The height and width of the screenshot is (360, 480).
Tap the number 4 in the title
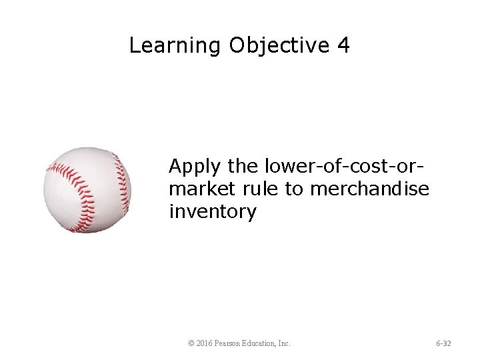click(343, 46)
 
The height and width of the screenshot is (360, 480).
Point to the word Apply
click(195, 165)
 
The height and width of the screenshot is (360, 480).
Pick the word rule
click(260, 189)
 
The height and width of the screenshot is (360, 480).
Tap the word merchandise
click(369, 189)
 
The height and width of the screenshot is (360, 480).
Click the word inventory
click(212, 213)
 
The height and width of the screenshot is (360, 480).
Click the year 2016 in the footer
click(205, 343)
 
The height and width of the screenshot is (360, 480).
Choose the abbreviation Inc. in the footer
click(284, 343)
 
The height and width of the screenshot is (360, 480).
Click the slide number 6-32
click(443, 343)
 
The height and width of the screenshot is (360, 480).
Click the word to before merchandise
click(294, 189)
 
